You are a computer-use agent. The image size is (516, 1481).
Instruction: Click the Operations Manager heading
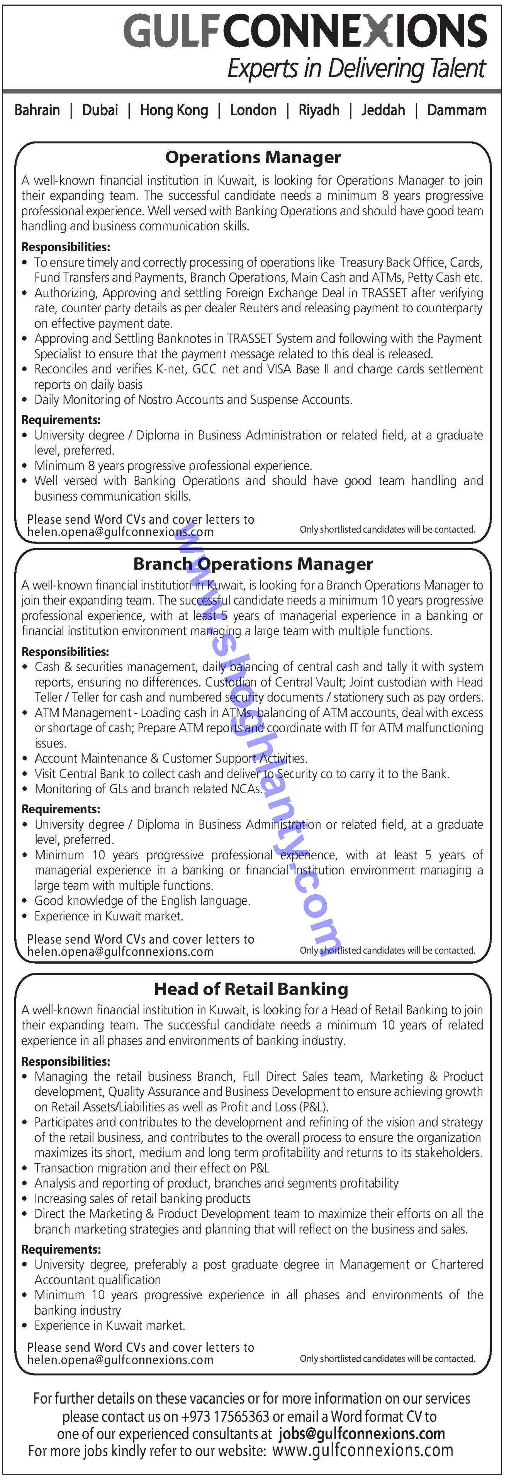[x=253, y=157]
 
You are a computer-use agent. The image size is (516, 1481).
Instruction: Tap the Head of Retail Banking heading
[x=251, y=989]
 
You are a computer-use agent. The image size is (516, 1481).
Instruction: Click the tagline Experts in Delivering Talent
[x=356, y=69]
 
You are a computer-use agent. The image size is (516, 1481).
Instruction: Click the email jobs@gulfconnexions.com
[x=362, y=1434]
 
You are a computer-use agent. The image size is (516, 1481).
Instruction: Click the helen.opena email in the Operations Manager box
[x=120, y=532]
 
